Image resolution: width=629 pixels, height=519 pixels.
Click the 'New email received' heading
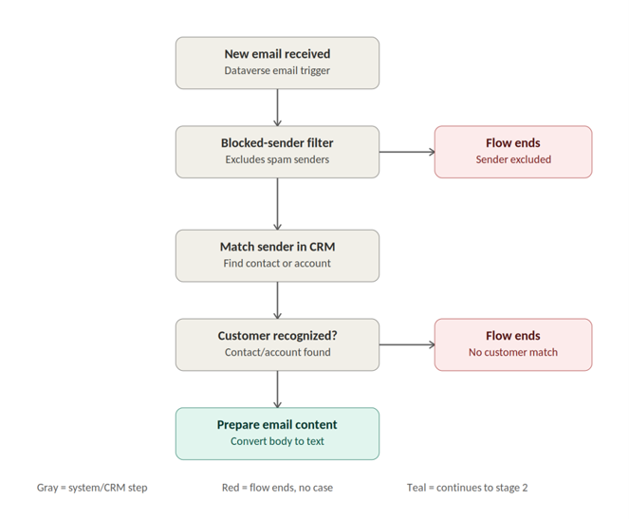click(x=277, y=54)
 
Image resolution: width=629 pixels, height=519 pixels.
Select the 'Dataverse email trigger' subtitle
click(x=277, y=70)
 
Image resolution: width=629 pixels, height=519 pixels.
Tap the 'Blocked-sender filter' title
click(x=277, y=142)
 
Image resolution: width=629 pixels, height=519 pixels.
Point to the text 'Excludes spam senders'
click(x=277, y=159)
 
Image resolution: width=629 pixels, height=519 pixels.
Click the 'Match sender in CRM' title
click(x=277, y=247)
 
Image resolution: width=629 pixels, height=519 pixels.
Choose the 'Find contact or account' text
click(x=277, y=264)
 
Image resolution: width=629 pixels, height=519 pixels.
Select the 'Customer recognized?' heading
click(x=277, y=336)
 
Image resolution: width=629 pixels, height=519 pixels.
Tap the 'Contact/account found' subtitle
click(x=277, y=352)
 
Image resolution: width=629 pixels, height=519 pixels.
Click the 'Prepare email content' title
click(x=277, y=425)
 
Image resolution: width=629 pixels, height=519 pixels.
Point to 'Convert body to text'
click(x=277, y=441)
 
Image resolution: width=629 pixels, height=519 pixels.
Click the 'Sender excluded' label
click(x=513, y=159)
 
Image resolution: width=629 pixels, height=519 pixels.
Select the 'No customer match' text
click(x=513, y=352)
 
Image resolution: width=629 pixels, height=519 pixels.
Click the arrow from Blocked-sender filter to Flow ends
click(x=407, y=152)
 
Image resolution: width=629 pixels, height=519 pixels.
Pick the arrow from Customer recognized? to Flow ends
click(x=407, y=344)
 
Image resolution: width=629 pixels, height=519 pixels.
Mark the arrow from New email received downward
click(x=277, y=107)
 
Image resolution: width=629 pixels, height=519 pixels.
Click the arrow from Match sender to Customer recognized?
click(x=277, y=301)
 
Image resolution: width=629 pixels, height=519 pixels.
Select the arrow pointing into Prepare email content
click(x=277, y=389)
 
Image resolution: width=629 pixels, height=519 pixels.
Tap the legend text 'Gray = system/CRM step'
click(x=92, y=488)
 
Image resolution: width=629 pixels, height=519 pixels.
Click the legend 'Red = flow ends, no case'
click(x=277, y=488)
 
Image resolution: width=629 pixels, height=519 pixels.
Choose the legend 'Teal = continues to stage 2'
click(x=468, y=488)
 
